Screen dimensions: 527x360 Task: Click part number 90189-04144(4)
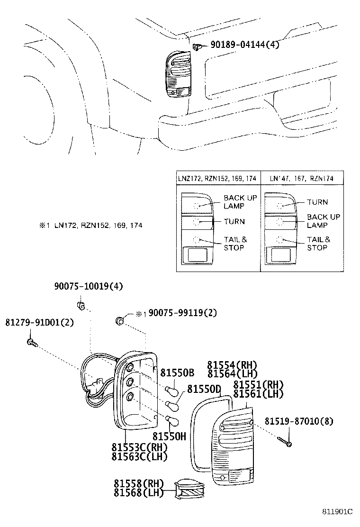click(243, 46)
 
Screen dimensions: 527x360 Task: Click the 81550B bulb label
click(177, 373)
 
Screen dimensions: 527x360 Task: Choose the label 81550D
click(204, 390)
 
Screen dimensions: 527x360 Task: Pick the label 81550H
click(169, 436)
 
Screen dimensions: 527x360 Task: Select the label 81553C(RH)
click(140, 447)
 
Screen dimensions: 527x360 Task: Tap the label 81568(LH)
click(138, 493)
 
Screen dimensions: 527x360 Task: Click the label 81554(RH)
click(232, 365)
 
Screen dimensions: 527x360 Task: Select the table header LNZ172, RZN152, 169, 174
click(217, 179)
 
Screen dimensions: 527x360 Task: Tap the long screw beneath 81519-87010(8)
click(285, 442)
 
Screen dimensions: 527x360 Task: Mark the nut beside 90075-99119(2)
click(119, 321)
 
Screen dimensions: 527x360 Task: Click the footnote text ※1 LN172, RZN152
click(90, 226)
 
